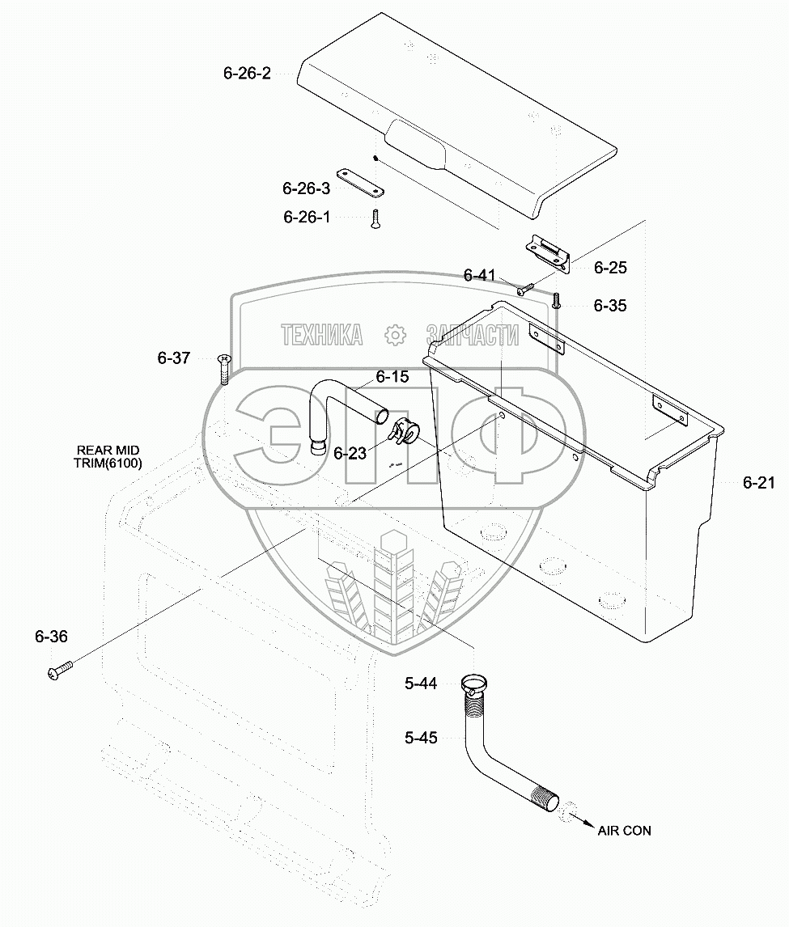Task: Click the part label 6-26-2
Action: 247,73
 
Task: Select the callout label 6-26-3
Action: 306,188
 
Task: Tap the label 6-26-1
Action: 307,217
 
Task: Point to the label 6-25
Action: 610,268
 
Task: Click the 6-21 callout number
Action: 759,484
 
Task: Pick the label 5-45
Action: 421,738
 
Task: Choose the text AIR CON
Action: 624,831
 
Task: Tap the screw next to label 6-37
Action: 224,367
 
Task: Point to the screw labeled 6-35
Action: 557,300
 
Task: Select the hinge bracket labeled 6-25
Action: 550,253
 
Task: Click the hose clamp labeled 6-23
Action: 404,433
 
